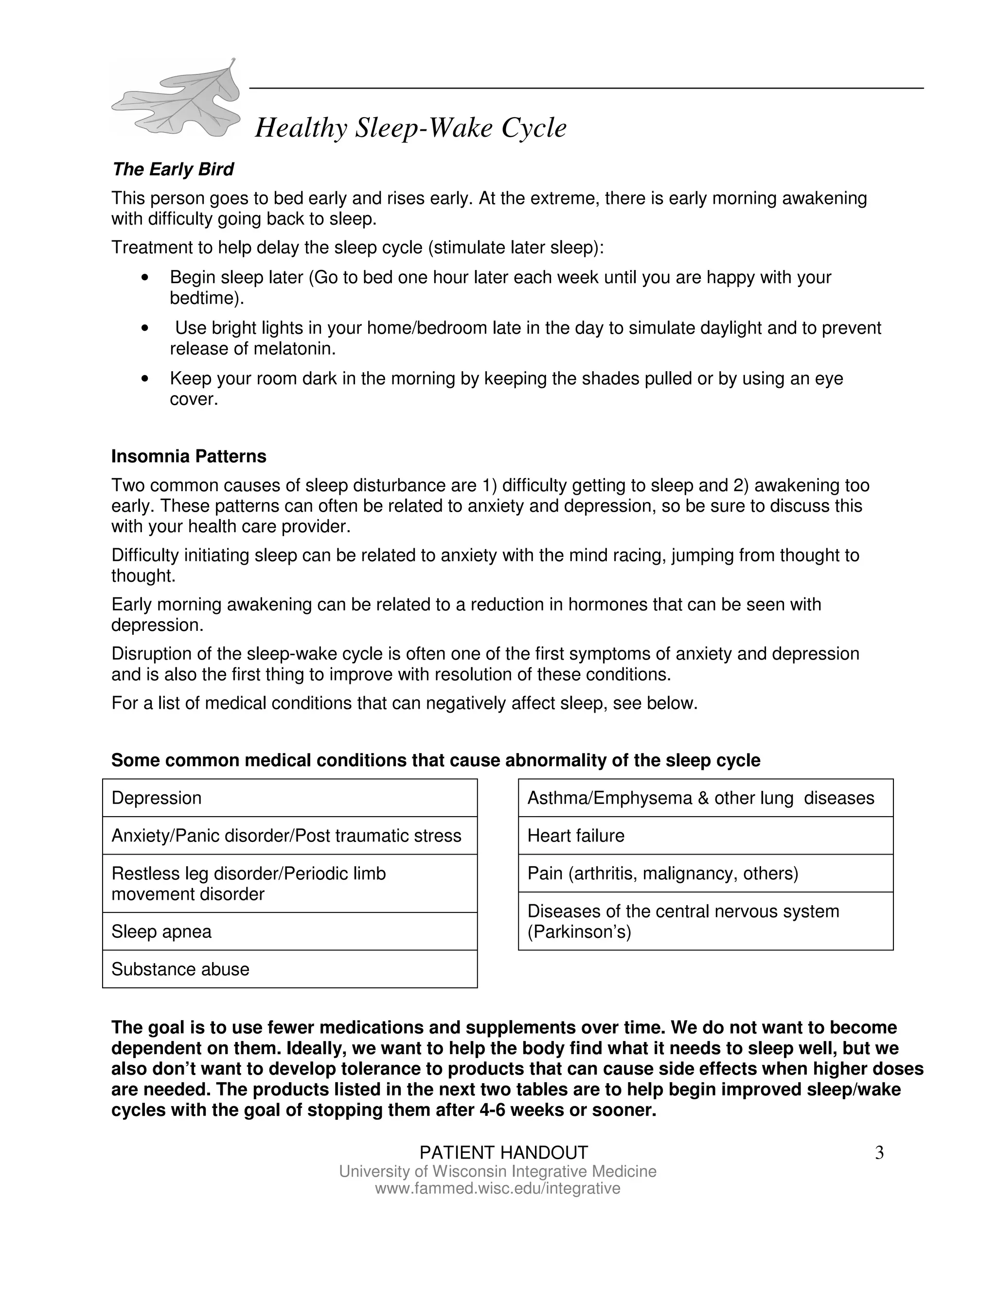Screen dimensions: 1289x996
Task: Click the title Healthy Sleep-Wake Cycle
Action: point(410,128)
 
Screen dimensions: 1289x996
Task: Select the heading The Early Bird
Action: point(173,169)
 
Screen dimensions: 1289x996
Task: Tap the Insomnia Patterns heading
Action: point(189,456)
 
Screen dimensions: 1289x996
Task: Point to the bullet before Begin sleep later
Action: point(145,277)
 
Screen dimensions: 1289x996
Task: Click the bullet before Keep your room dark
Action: point(145,378)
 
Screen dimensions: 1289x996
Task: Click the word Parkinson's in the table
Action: point(579,932)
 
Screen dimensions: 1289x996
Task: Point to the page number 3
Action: point(879,1153)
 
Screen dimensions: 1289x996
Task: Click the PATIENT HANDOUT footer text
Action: point(503,1153)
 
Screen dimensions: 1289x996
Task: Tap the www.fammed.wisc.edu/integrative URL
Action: point(498,1188)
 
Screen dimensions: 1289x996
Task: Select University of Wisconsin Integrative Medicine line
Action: point(498,1172)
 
